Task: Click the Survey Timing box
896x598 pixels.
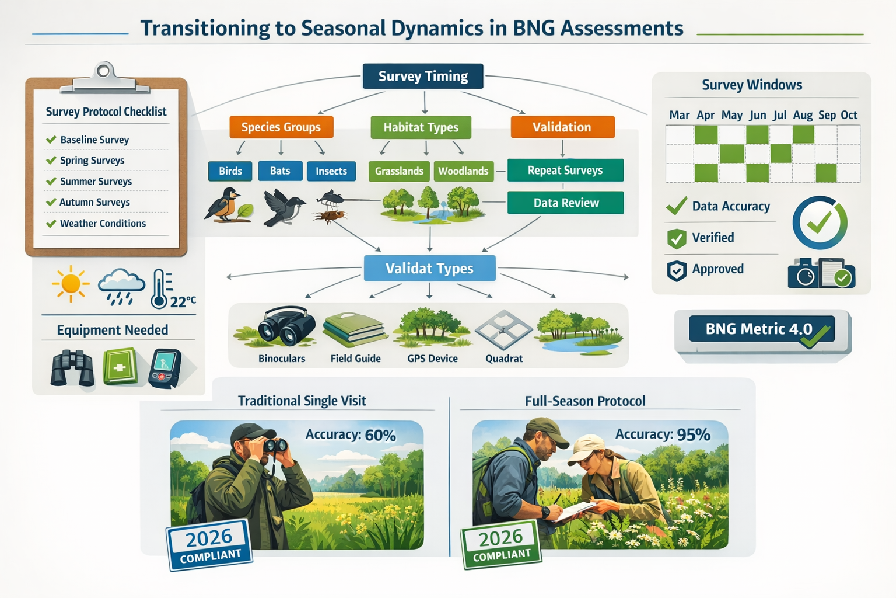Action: tap(423, 77)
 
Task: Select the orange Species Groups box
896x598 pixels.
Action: tap(281, 127)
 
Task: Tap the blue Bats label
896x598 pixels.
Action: tap(280, 171)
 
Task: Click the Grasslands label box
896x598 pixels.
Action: tap(399, 171)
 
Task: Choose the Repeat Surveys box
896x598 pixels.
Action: tap(565, 171)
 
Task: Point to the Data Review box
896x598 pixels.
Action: tap(565, 203)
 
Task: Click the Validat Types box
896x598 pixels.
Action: tap(429, 269)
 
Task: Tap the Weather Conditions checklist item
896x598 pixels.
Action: tap(103, 224)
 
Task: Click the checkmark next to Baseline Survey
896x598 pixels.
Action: tap(51, 140)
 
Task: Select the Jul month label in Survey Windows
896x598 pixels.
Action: tap(779, 115)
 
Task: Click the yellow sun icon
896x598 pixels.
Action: tap(71, 284)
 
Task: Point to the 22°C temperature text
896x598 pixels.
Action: tap(183, 301)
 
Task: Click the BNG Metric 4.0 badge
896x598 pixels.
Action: tap(761, 329)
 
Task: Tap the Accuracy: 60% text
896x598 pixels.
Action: tap(351, 435)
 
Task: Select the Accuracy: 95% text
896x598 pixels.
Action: tap(663, 434)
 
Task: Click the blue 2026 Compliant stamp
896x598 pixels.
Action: tap(209, 544)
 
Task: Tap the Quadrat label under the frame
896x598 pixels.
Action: tap(504, 359)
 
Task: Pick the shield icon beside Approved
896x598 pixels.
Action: tap(677, 270)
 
